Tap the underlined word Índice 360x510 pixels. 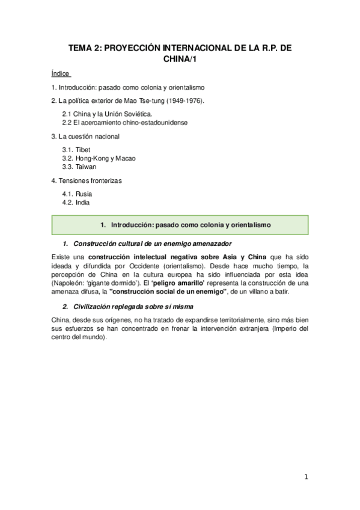pyautogui.click(x=61, y=73)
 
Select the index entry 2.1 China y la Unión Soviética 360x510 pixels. pyautogui.click(x=107, y=114)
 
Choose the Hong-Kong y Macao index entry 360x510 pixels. pyautogui.click(x=99, y=158)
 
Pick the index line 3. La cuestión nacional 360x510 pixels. pyautogui.click(x=85, y=136)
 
